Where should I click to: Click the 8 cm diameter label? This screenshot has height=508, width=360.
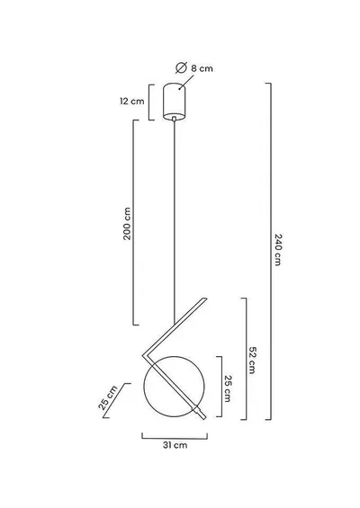[x=202, y=68]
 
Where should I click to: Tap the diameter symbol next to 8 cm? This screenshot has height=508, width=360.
[x=181, y=67]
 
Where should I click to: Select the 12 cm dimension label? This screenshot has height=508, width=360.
[x=132, y=101]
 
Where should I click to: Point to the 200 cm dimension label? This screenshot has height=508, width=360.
[x=127, y=224]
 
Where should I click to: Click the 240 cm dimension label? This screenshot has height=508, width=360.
[x=277, y=249]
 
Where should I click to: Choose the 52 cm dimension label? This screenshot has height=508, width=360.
[x=252, y=361]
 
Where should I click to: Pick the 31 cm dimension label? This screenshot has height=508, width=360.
[x=175, y=445]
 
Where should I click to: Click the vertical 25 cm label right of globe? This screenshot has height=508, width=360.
[x=228, y=388]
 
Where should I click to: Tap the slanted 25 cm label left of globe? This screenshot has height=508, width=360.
[x=108, y=397]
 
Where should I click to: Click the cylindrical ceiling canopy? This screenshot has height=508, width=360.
[x=175, y=102]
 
